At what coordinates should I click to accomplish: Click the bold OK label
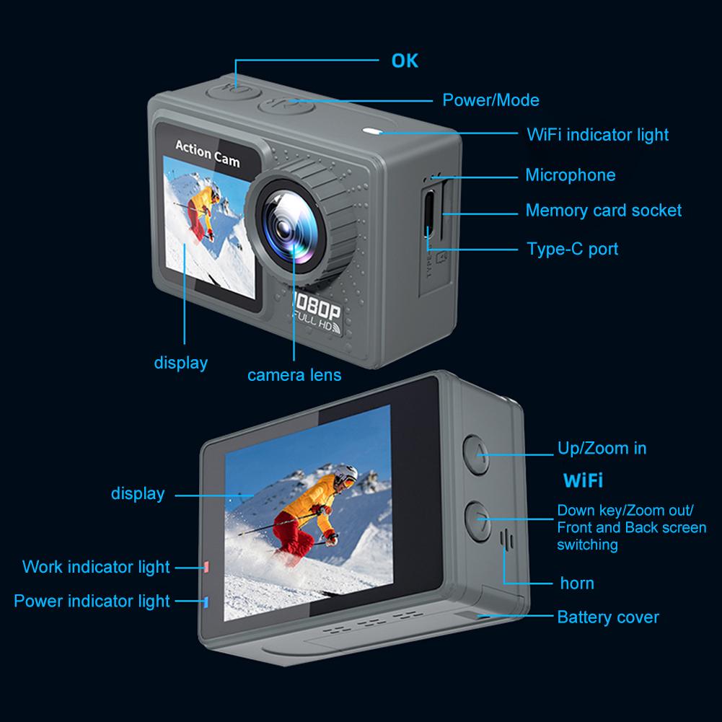(x=405, y=61)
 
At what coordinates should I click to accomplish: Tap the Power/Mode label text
(x=490, y=100)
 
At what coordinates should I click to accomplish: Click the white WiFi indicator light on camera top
(x=373, y=132)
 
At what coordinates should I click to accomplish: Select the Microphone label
(x=570, y=175)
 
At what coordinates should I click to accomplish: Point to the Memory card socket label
(x=603, y=211)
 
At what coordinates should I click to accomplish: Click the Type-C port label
(x=572, y=250)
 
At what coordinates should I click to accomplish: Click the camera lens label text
(x=294, y=375)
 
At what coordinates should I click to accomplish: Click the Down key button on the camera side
(x=477, y=518)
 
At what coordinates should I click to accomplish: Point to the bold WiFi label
(x=583, y=480)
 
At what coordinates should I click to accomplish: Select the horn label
(x=577, y=583)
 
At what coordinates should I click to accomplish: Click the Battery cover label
(x=608, y=617)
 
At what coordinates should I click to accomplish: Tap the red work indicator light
(x=206, y=567)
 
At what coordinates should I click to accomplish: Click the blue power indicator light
(x=206, y=601)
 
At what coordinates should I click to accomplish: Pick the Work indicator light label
(x=96, y=567)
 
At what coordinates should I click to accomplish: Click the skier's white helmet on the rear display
(x=345, y=475)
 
